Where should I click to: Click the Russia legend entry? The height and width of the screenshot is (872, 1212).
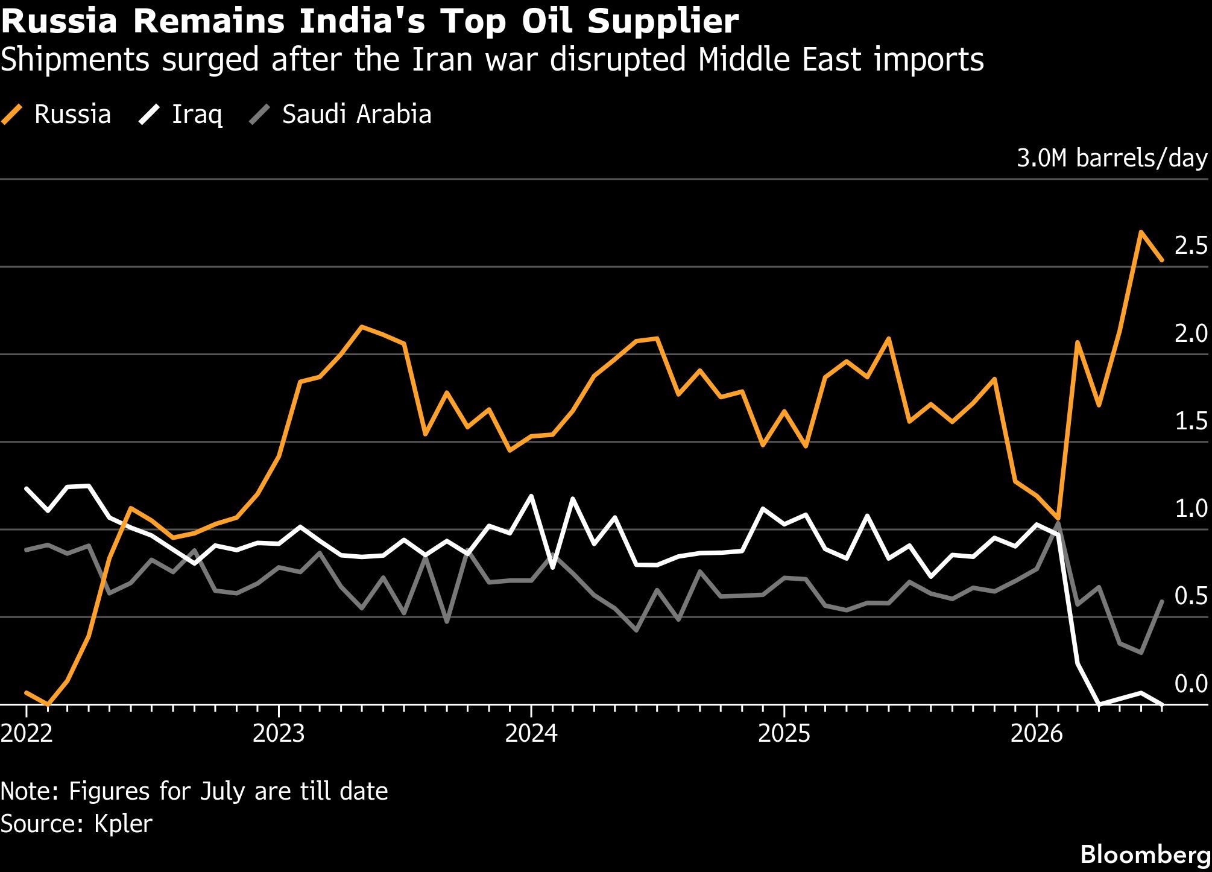[x=56, y=114]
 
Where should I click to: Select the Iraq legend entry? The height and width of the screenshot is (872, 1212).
[x=180, y=114]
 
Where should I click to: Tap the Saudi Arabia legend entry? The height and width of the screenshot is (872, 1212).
[x=341, y=114]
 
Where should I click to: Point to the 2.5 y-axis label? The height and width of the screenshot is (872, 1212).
[x=1191, y=245]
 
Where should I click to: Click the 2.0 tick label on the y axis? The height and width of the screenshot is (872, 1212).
[x=1191, y=333]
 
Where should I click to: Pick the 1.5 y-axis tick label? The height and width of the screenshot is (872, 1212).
[x=1191, y=421]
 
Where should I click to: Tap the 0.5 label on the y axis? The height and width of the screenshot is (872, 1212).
[x=1191, y=596]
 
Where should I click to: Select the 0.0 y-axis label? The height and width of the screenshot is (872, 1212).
[x=1191, y=684]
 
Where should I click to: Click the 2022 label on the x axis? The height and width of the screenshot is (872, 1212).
[x=27, y=733]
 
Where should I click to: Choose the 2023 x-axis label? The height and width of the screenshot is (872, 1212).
[x=279, y=733]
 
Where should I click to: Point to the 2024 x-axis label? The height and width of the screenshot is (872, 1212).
[x=531, y=733]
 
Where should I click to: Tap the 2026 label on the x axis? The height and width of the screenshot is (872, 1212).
[x=1037, y=733]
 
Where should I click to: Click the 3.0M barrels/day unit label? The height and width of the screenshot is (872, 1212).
[x=1112, y=158]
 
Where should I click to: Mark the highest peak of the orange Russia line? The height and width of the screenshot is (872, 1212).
[x=1141, y=232]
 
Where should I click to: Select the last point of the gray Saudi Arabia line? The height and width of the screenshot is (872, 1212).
[x=1162, y=601]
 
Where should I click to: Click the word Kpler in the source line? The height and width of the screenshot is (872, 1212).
[x=123, y=824]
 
